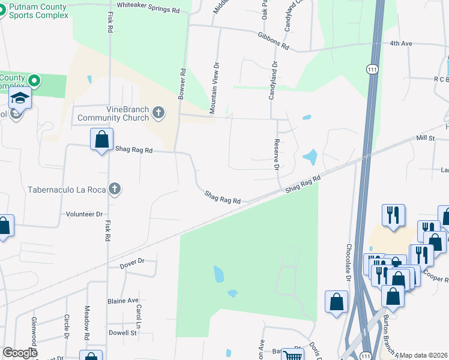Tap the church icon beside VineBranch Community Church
click(x=158, y=112)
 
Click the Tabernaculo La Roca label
click(x=66, y=190)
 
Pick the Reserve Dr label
click(x=277, y=154)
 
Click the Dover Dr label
click(x=133, y=261)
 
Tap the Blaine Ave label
click(x=123, y=301)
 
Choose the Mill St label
click(x=426, y=138)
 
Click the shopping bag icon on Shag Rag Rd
click(x=101, y=139)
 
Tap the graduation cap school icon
click(x=20, y=98)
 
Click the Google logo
click(x=20, y=353)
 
